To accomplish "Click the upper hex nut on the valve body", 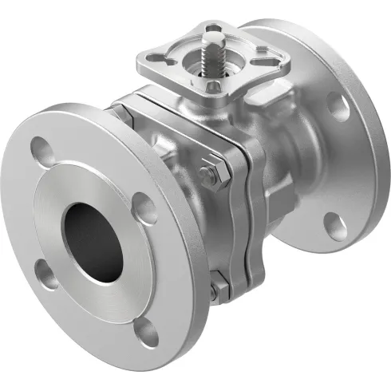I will pyautogui.click(x=211, y=174).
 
